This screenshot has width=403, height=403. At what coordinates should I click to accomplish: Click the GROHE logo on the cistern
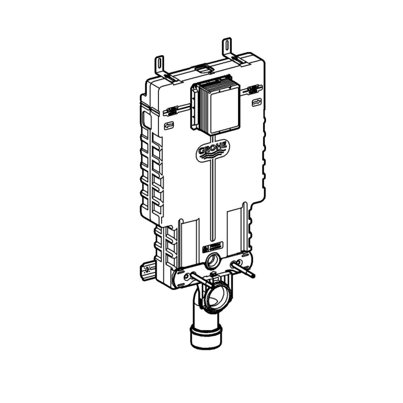point(212,150)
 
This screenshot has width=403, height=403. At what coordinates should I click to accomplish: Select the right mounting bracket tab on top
point(228,45)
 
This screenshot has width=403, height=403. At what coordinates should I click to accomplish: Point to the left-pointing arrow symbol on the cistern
point(169,124)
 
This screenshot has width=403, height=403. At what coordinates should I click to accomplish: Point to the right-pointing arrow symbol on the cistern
point(255,102)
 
